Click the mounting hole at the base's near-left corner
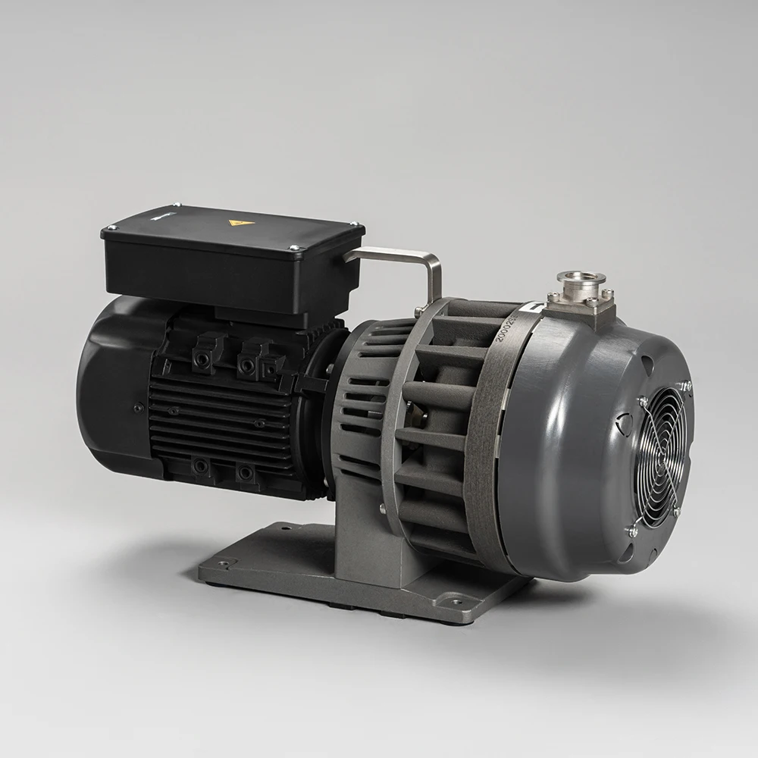tap(224, 563)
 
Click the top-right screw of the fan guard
tap(687, 387)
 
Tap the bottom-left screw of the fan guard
tap(633, 531)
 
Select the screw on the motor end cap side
tap(138, 408)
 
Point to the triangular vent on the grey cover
tap(626, 425)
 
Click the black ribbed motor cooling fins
tap(220, 424)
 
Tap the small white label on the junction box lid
tap(161, 215)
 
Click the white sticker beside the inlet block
tap(535, 307)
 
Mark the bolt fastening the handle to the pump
tap(418, 312)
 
